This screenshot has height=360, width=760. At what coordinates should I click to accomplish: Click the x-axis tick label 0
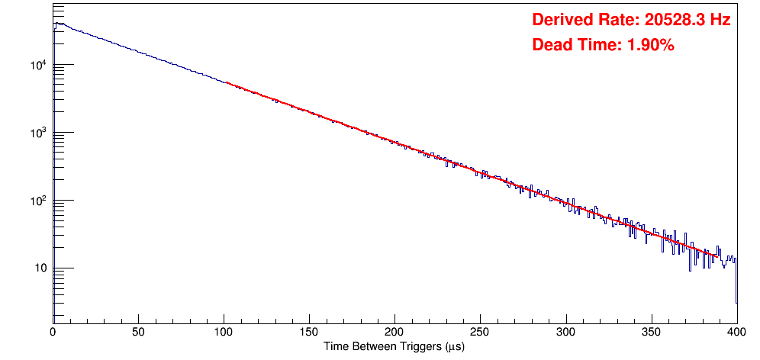pos(53,333)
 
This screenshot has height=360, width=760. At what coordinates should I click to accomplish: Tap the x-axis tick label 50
pos(138,333)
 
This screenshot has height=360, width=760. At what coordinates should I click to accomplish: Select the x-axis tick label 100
pos(224,333)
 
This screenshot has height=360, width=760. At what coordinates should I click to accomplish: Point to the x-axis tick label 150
pos(309,333)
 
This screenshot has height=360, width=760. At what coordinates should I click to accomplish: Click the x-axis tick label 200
pos(394,333)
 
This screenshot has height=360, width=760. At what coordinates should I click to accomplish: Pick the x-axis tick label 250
pos(480,333)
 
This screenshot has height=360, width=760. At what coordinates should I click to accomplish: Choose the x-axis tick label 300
pos(565,333)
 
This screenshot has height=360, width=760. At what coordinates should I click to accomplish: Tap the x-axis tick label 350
pos(651,333)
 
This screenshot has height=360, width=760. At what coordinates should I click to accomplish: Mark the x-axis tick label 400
pos(736,333)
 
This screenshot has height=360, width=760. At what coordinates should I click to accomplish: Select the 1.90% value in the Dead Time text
pos(650,46)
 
